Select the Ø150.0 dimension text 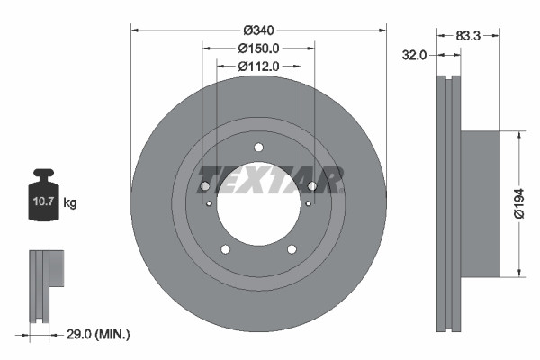click(x=258, y=49)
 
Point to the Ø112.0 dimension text click(x=258, y=66)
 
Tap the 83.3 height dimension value click(x=468, y=36)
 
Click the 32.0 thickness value click(x=413, y=55)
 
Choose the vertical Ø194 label click(x=518, y=203)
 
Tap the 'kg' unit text click(x=69, y=203)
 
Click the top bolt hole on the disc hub click(x=258, y=148)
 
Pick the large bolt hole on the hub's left click(x=204, y=186)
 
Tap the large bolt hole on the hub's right click(x=312, y=186)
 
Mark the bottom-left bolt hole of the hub click(x=225, y=249)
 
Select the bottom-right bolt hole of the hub click(x=292, y=249)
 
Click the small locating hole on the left click(x=209, y=203)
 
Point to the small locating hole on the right click(x=308, y=203)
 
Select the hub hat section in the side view click(x=479, y=203)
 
